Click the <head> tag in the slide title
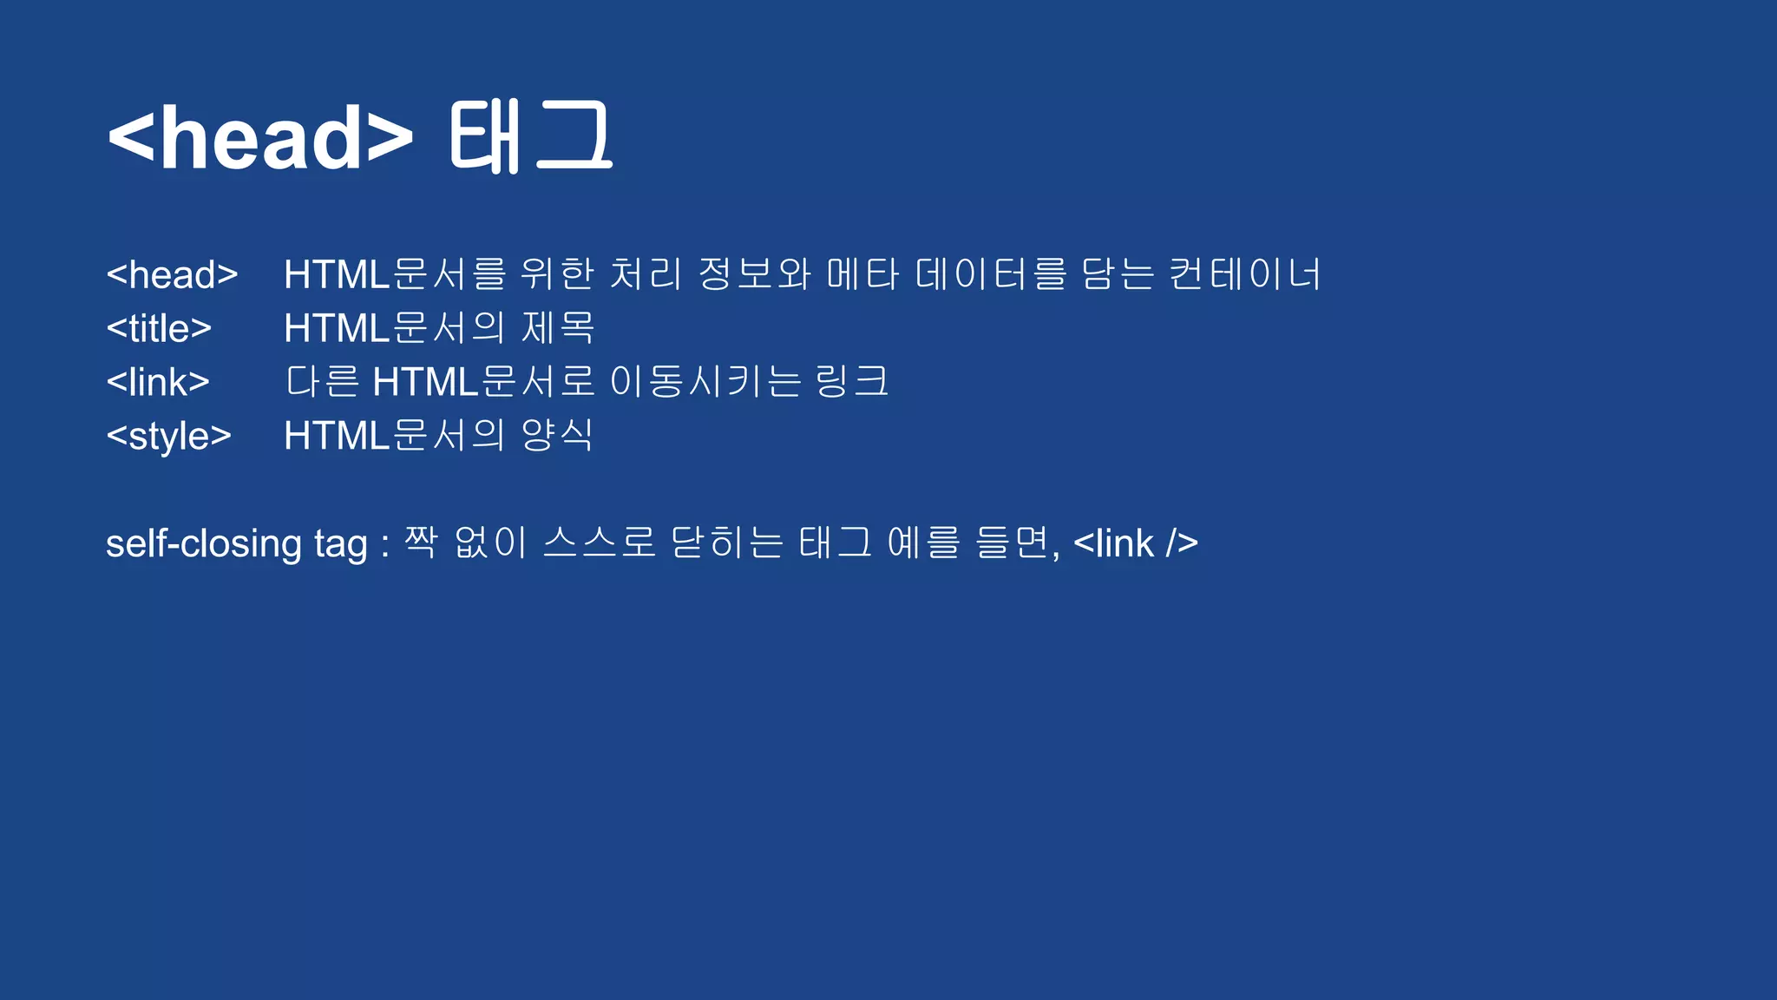[260, 137]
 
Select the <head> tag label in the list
[172, 275]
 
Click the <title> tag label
[159, 329]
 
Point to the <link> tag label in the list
[158, 383]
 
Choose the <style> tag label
[168, 436]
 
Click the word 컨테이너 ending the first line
[1244, 274]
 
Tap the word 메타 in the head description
[862, 274]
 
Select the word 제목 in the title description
[558, 328]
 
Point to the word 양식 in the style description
[556, 435]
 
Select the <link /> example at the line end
[1136, 544]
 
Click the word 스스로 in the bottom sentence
[599, 543]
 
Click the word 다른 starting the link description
[322, 382]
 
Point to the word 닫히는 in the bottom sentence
[727, 543]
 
